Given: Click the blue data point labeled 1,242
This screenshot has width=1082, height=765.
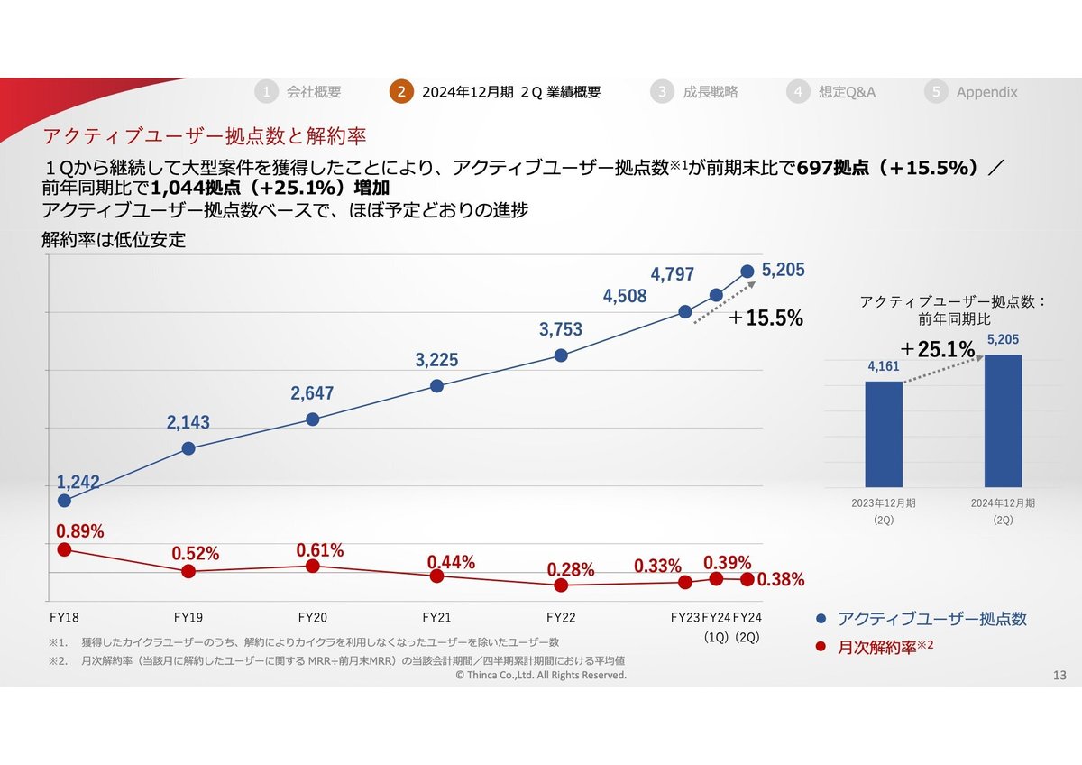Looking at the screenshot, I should point(64,501).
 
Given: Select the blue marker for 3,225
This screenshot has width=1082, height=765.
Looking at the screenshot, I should point(436,385).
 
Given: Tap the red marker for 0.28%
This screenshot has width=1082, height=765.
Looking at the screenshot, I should point(561,585).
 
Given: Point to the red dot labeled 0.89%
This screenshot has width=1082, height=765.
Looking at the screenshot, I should point(64,549).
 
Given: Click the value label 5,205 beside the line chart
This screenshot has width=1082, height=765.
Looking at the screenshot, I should point(783,270).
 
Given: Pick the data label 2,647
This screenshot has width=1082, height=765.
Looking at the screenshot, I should point(312,393).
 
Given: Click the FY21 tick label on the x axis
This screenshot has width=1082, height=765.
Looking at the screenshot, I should point(436,618).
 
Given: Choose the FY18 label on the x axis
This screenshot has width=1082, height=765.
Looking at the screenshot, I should point(64,618).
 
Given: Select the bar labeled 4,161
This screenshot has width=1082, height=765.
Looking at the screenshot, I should point(884,434).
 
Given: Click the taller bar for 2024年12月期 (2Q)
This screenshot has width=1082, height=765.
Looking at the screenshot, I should point(1003,420).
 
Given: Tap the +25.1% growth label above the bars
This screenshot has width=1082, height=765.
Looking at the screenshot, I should point(938,349).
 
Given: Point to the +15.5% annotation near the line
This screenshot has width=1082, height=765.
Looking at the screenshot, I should point(766,318).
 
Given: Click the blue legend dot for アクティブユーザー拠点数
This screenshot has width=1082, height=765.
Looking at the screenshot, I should point(821,619).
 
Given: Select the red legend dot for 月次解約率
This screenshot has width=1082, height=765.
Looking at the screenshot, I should point(821,646).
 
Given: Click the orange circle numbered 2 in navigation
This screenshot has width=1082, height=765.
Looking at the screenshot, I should point(401,92).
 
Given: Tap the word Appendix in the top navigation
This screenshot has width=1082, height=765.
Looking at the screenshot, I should point(986,92).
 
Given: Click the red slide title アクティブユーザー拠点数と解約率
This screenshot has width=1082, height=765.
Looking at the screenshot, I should point(204,136).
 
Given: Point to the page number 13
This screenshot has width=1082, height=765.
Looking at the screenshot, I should point(1059,675).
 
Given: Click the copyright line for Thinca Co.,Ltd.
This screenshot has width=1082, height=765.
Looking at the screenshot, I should point(541,675).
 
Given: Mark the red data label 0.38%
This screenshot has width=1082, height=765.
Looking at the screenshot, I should point(781,580).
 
